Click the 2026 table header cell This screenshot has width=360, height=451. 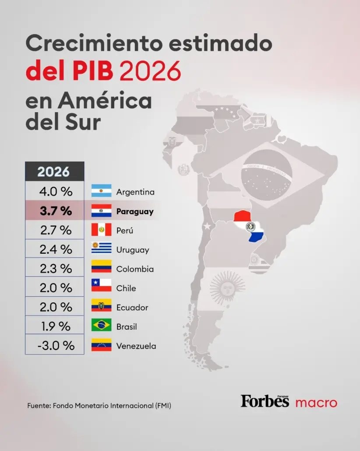coord(54,171)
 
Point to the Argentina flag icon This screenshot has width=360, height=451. coord(101,192)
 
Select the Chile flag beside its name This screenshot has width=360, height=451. coord(101,287)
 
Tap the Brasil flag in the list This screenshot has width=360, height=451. coord(101,326)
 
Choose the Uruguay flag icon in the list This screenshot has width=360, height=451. coord(101,249)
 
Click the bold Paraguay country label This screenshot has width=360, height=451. coord(135,212)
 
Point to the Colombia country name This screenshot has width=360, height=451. coord(135,269)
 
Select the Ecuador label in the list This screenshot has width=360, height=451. coord(132,308)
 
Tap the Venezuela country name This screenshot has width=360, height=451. coord(136,346)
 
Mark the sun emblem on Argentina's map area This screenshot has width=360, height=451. coord(227,288)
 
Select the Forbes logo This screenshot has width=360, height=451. coord(265,401)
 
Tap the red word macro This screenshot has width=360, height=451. coord(316,402)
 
